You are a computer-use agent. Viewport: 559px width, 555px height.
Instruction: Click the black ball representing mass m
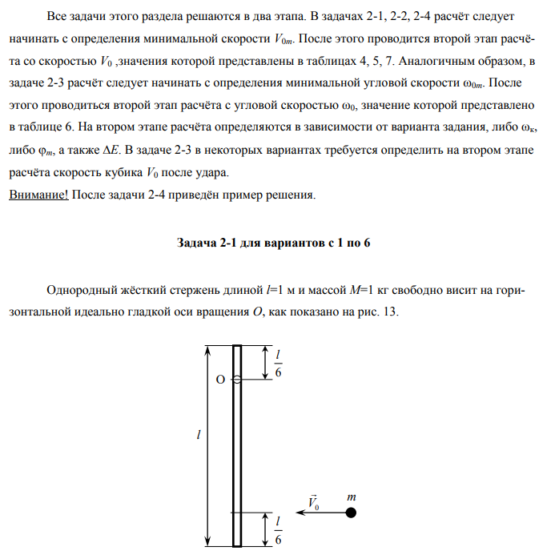tap(351, 513)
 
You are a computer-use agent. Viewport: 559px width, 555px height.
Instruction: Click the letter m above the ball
tap(351, 497)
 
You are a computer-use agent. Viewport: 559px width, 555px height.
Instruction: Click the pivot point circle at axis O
tap(237, 380)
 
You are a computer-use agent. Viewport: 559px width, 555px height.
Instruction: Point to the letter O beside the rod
tap(219, 380)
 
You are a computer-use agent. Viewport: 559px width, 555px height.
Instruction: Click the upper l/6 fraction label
tap(278, 363)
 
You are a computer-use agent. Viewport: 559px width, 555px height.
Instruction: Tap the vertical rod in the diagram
tap(237, 448)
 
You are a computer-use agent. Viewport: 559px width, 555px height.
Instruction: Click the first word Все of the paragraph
tap(58, 15)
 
